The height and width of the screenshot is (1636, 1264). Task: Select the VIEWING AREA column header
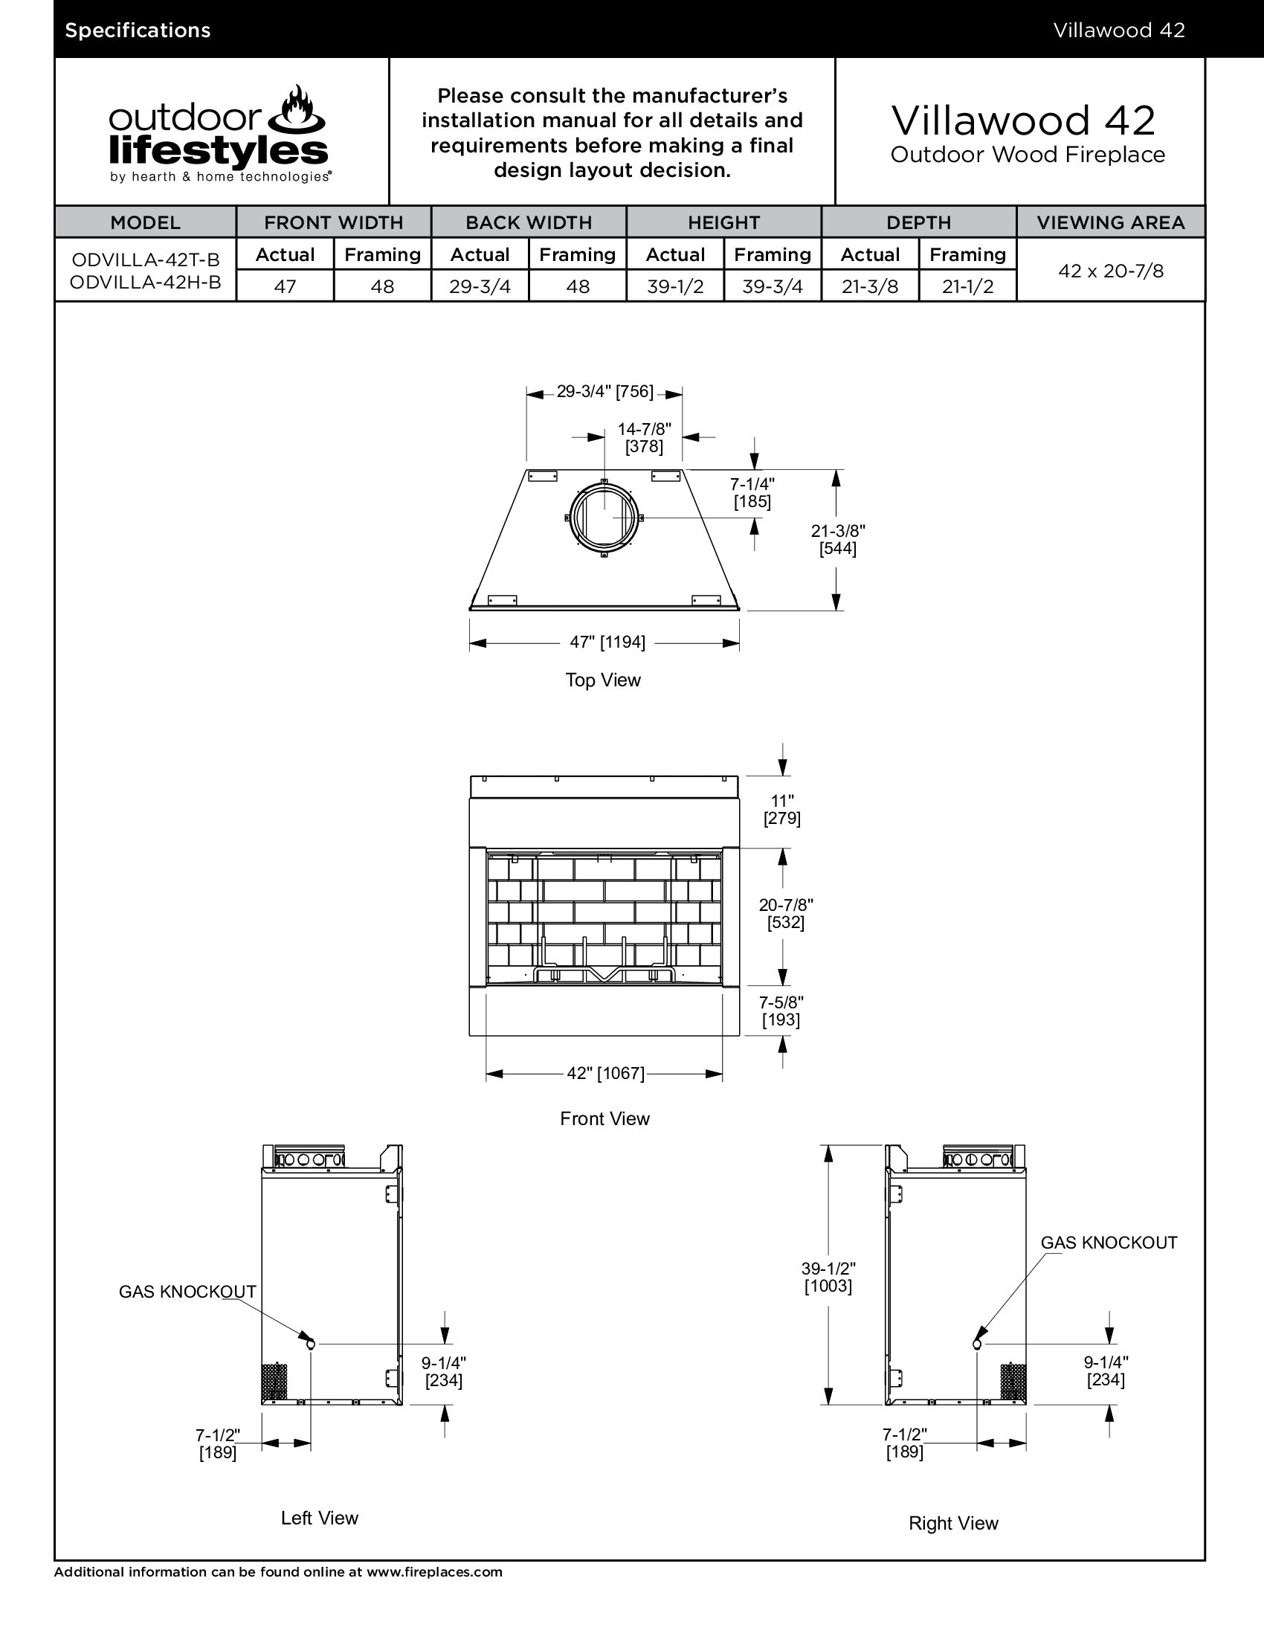click(x=1111, y=222)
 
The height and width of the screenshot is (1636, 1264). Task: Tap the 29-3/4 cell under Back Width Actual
click(x=480, y=286)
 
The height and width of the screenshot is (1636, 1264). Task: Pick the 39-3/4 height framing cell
click(x=772, y=286)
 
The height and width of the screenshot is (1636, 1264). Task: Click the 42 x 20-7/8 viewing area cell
click(x=1111, y=271)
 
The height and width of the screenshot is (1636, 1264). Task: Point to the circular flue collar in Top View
click(x=604, y=518)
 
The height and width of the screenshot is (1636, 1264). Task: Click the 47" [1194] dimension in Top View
click(x=607, y=642)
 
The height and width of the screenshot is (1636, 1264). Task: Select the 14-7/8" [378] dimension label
click(x=644, y=437)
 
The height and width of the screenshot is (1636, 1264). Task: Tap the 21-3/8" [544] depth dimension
click(x=838, y=539)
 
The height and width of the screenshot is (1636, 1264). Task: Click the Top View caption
click(x=603, y=680)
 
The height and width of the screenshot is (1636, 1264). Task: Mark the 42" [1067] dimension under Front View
click(x=605, y=1073)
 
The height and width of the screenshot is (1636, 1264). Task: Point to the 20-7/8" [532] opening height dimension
click(x=785, y=913)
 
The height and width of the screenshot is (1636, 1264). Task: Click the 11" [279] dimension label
click(x=781, y=810)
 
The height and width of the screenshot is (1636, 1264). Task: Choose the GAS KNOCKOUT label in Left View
click(x=187, y=1292)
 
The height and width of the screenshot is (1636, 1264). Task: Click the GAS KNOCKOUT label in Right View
click(x=1109, y=1243)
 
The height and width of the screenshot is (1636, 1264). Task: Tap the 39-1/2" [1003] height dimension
click(x=828, y=1277)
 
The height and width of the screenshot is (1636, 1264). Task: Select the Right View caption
click(x=953, y=1523)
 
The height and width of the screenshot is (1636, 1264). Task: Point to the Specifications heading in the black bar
click(x=138, y=30)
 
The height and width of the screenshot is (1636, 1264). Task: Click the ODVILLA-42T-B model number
click(x=145, y=260)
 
